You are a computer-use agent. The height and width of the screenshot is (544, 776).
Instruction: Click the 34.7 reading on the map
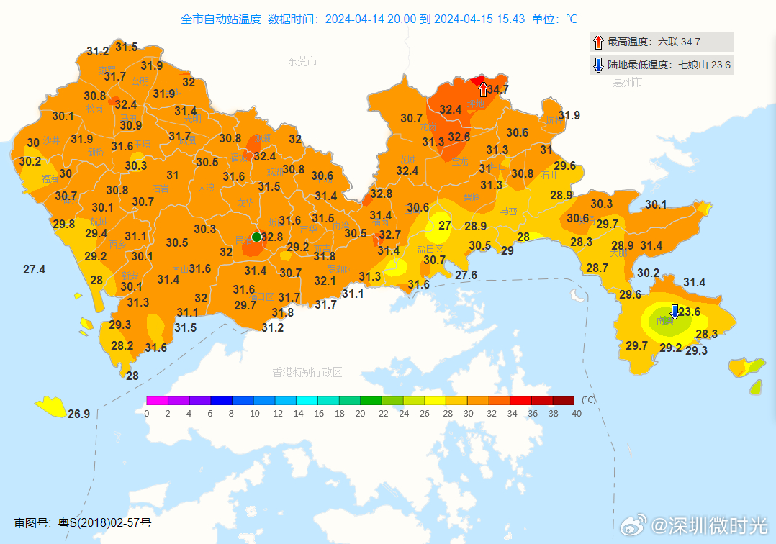(x=498, y=90)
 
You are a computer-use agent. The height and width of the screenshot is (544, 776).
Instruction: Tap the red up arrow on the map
(x=483, y=89)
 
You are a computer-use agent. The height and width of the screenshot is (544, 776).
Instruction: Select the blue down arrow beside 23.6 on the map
(x=675, y=312)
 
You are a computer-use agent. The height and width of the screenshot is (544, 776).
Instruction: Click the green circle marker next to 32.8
(x=256, y=237)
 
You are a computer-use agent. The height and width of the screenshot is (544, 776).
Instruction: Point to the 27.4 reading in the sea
(x=34, y=269)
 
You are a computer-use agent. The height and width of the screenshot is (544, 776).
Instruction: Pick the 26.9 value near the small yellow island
(x=78, y=414)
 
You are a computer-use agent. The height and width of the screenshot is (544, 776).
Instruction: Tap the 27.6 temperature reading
(x=466, y=275)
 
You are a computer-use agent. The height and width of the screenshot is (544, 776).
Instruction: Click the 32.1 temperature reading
(x=325, y=281)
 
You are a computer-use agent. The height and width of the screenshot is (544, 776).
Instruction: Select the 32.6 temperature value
(x=459, y=137)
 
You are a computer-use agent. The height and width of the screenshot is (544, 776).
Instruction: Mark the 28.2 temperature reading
(x=122, y=345)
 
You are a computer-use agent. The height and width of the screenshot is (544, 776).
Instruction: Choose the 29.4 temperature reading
(x=96, y=233)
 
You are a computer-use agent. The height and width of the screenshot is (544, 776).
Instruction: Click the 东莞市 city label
(x=302, y=62)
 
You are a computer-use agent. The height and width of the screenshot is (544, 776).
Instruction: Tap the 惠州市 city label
(x=627, y=82)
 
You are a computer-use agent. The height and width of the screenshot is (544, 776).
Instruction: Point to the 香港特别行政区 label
(x=307, y=372)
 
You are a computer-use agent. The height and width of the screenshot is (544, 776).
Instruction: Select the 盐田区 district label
(x=430, y=249)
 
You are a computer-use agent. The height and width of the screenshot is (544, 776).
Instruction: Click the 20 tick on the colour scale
(x=361, y=414)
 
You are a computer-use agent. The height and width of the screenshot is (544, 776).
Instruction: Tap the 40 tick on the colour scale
(x=576, y=414)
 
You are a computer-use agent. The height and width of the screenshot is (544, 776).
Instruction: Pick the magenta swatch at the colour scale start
(x=157, y=401)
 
